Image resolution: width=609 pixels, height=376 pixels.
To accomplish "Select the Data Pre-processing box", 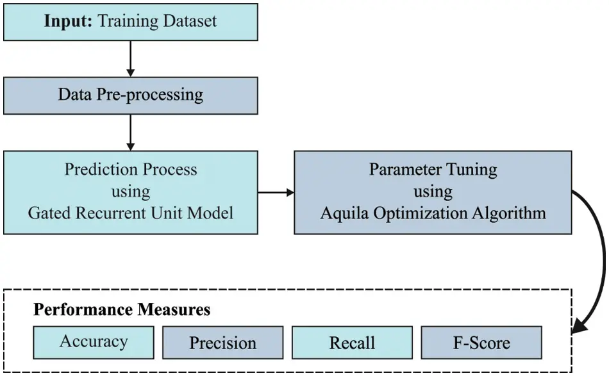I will pyautogui.click(x=130, y=95).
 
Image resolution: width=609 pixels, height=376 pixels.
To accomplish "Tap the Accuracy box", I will pyautogui.click(x=94, y=341).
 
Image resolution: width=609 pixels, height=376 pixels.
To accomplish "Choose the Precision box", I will pyautogui.click(x=222, y=343).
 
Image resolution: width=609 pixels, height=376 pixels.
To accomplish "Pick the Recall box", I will pyautogui.click(x=352, y=343).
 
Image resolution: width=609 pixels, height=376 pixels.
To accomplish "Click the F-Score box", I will pyautogui.click(x=481, y=343).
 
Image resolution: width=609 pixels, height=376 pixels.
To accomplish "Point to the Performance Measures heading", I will pyautogui.click(x=122, y=310).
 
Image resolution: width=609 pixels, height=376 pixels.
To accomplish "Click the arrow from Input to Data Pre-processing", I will pyautogui.click(x=131, y=59).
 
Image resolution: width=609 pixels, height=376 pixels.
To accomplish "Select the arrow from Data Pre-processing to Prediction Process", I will pyautogui.click(x=131, y=133).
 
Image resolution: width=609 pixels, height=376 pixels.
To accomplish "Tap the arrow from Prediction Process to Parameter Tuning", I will pyautogui.click(x=276, y=192).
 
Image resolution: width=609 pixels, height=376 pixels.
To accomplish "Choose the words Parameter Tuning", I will pyautogui.click(x=433, y=170).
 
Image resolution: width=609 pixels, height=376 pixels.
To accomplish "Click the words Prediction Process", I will pyautogui.click(x=131, y=170).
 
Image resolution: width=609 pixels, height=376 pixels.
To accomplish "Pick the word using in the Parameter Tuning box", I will pyautogui.click(x=433, y=191).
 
